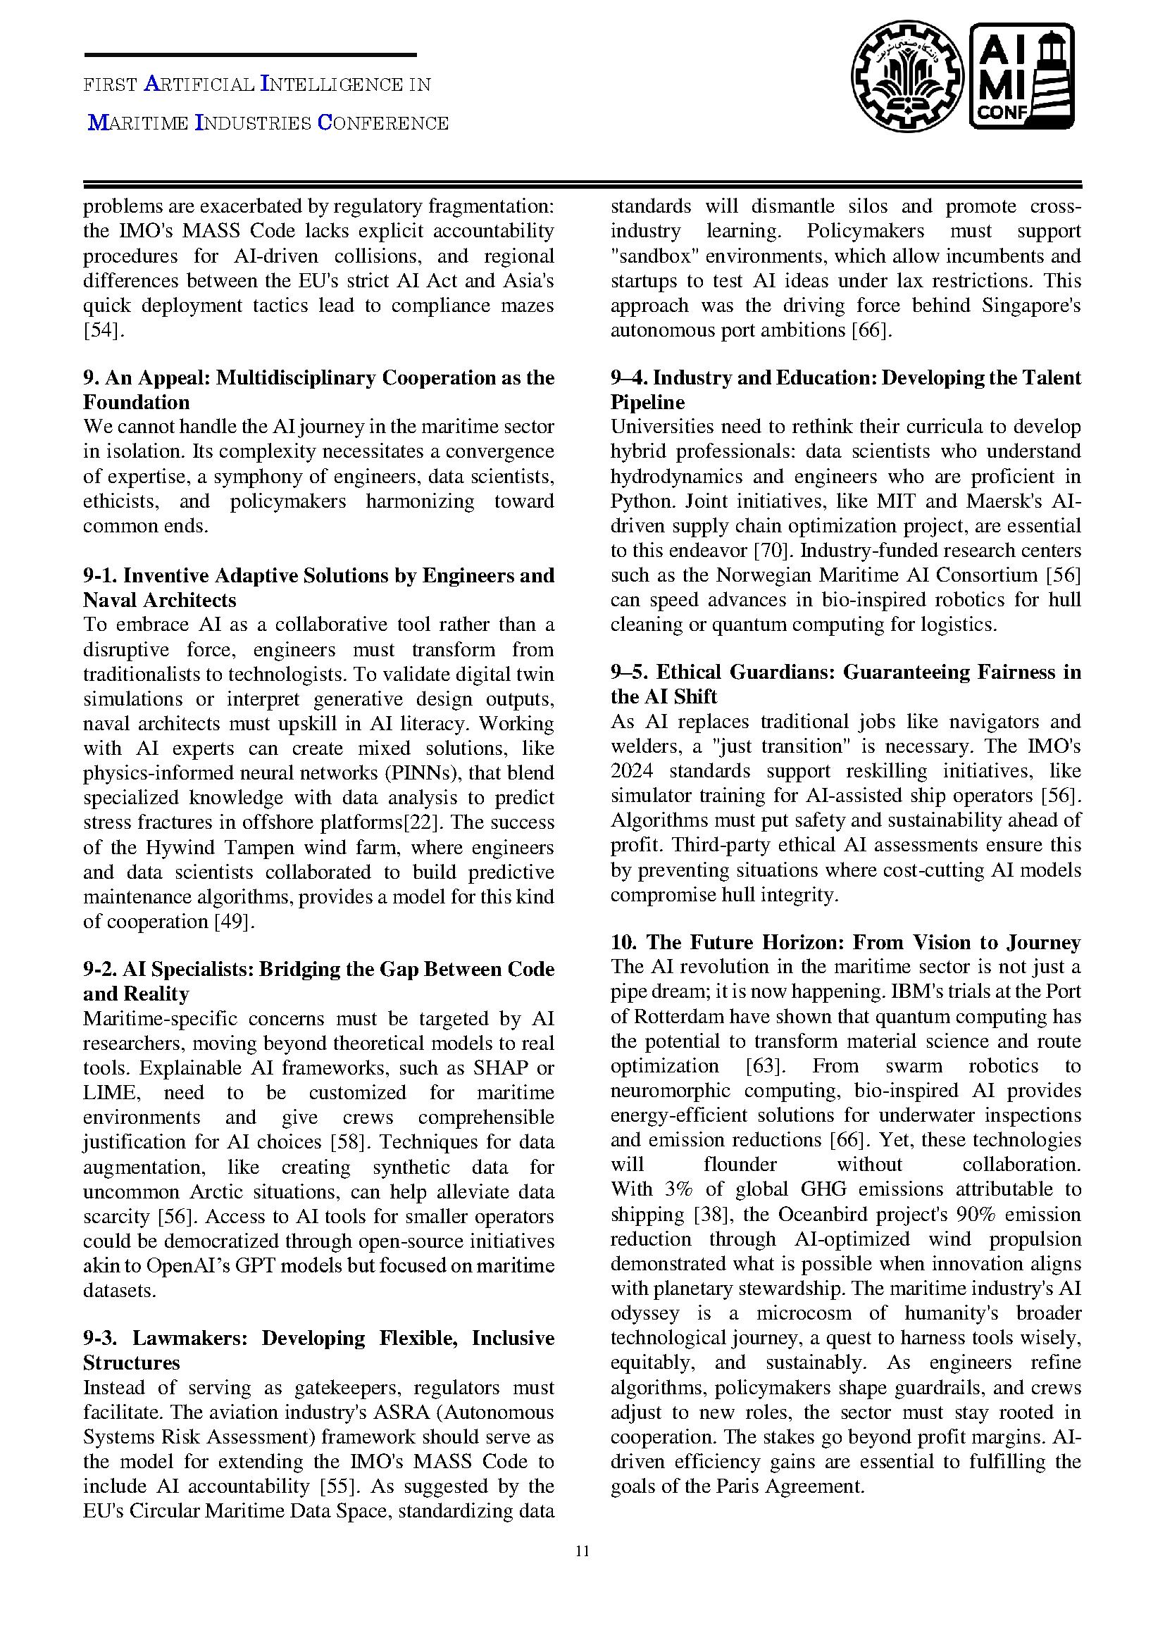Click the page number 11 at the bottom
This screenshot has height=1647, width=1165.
point(582,1552)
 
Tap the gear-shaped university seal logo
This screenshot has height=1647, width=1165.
point(907,77)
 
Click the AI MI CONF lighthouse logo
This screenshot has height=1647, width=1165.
point(1022,76)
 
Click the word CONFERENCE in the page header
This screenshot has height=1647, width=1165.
point(383,123)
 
